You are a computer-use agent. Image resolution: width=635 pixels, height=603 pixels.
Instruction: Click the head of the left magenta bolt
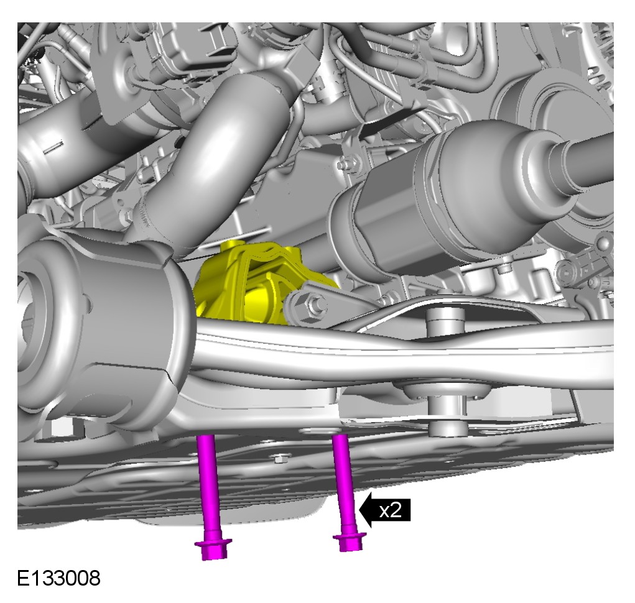coord(213,549)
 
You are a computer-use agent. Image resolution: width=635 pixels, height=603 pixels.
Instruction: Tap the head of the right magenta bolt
coord(350,541)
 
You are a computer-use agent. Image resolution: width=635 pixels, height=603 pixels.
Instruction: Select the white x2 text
coord(391,511)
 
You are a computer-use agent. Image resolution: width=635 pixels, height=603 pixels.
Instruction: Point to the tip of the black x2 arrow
coord(359,511)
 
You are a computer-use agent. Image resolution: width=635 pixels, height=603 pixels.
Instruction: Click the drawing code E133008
coord(58,578)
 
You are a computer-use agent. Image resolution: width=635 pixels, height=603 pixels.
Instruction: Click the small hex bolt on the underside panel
coord(279,459)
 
